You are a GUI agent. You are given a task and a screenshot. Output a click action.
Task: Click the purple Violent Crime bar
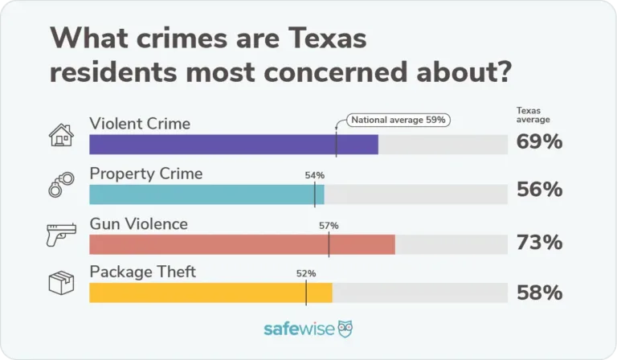pyautogui.click(x=233, y=145)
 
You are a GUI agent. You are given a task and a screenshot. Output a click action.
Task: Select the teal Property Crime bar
pyautogui.click(x=206, y=194)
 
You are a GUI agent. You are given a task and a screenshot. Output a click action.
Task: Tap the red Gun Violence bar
pyautogui.click(x=241, y=244)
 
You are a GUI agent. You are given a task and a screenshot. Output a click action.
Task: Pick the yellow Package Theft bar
pyautogui.click(x=210, y=293)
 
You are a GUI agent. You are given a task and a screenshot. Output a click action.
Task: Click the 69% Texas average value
pyautogui.click(x=539, y=142)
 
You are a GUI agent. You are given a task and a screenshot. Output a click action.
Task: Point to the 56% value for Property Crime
pyautogui.click(x=539, y=190)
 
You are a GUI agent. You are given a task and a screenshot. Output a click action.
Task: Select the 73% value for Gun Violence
pyautogui.click(x=539, y=242)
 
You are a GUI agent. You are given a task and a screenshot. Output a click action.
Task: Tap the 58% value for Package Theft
pyautogui.click(x=539, y=293)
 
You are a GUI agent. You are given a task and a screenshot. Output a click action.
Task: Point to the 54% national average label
pyautogui.click(x=315, y=174)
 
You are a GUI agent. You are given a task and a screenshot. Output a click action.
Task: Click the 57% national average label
pyautogui.click(x=329, y=226)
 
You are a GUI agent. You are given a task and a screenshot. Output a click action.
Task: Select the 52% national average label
pyautogui.click(x=306, y=273)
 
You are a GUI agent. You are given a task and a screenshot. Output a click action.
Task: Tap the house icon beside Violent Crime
pyautogui.click(x=61, y=135)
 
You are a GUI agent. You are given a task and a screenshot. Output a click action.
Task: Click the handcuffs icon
pyautogui.click(x=60, y=186)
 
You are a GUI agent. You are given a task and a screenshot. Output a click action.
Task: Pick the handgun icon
pyautogui.click(x=60, y=235)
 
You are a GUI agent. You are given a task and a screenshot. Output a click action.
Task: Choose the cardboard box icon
pyautogui.click(x=61, y=284)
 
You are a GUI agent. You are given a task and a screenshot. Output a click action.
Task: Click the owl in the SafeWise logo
pyautogui.click(x=345, y=329)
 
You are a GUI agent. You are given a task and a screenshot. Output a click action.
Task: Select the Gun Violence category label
pyautogui.click(x=138, y=223)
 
